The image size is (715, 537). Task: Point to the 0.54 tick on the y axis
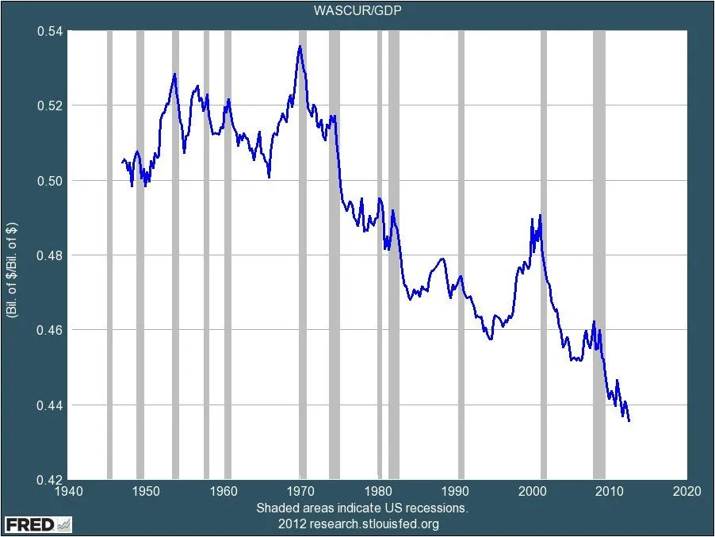coord(50,31)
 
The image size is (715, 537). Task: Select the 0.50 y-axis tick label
coord(50,181)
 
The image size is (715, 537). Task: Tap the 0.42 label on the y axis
coord(50,480)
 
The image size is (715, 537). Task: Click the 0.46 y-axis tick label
coord(50,330)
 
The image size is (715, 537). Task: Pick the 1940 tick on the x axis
coord(67,492)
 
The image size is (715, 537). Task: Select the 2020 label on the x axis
coord(686,492)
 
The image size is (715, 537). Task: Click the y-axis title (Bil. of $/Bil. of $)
coord(13,255)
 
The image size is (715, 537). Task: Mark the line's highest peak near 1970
coord(300,46)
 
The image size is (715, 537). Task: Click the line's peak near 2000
coord(540,215)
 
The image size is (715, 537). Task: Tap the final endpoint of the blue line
coord(629,421)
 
